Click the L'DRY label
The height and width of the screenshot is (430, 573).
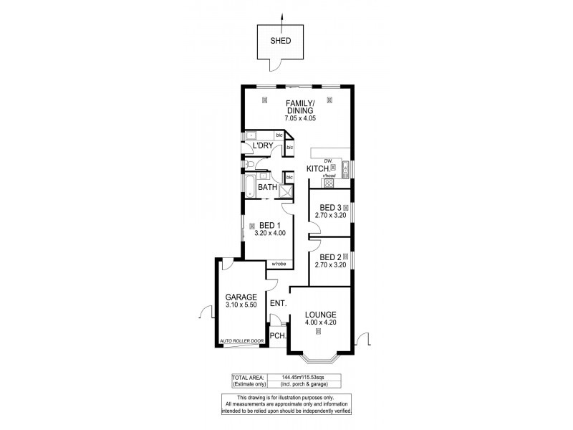tap(261, 146)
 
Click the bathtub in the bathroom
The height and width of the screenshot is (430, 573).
tap(249, 188)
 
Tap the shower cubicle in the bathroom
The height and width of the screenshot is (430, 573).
tap(288, 190)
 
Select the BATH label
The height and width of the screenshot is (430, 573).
tap(268, 188)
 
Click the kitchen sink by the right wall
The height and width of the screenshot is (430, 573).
tap(345, 169)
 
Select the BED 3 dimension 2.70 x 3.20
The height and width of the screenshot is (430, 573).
tap(330, 215)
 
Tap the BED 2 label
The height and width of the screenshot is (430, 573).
tap(329, 257)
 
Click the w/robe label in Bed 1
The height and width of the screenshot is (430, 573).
tap(279, 264)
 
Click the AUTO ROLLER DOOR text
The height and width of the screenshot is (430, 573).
tap(242, 341)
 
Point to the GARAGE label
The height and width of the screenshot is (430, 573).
tap(241, 297)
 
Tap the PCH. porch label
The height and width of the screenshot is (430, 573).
tap(278, 336)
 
